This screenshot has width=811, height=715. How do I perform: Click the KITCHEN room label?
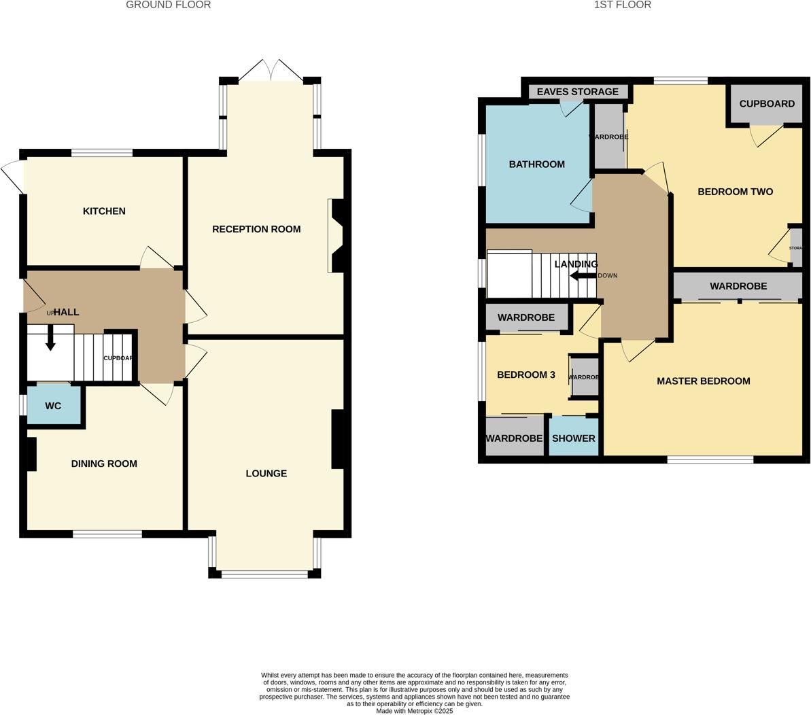coord(104,211)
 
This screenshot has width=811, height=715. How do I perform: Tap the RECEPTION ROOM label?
coord(256,229)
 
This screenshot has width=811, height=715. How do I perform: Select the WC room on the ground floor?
coord(53,406)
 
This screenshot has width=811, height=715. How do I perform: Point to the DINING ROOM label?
coord(104,464)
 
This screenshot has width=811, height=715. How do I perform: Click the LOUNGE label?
coord(266,473)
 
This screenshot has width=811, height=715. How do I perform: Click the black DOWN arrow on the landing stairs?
coord(583,275)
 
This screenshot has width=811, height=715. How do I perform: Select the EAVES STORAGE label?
coord(577,92)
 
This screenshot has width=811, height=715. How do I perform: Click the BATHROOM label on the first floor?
coord(536,164)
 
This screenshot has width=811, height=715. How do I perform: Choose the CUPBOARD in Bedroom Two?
coord(766,104)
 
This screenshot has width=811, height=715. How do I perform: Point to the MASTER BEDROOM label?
coord(703,381)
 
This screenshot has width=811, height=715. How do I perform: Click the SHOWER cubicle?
coord(573,438)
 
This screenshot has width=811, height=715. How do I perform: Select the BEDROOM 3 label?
coord(525,374)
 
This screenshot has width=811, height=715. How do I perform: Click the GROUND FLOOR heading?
coord(169,5)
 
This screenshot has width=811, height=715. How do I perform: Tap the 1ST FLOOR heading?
coord(622,5)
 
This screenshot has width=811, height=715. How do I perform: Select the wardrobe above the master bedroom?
coord(738,287)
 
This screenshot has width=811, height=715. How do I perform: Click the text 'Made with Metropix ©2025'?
coord(414,711)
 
